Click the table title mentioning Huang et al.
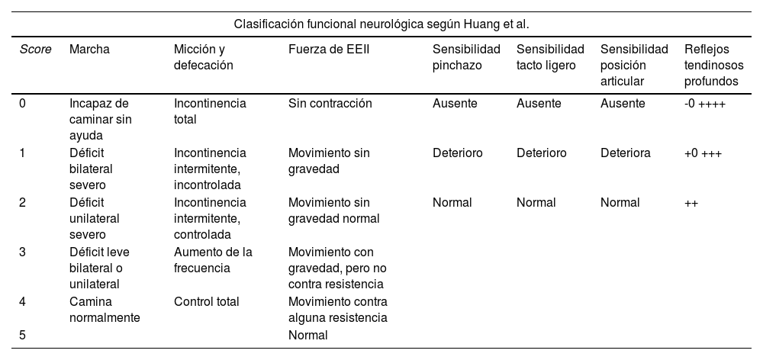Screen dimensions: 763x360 point(381,24)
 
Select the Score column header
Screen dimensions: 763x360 point(36,50)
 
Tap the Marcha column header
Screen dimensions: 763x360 point(89,50)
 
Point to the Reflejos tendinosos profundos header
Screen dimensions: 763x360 point(713,65)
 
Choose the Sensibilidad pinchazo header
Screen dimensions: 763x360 point(466,57)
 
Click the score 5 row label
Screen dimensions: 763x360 point(23,335)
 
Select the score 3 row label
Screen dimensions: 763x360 point(23,252)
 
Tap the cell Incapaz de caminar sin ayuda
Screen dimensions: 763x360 point(99,119)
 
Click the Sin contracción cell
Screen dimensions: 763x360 point(330,104)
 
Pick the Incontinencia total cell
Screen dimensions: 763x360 point(210,111)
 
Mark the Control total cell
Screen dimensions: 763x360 point(206,301)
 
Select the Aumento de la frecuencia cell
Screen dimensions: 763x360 point(213,260)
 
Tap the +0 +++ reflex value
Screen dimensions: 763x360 point(703,153)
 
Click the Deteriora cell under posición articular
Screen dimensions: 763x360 point(625,153)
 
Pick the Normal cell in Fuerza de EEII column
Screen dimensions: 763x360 point(307,335)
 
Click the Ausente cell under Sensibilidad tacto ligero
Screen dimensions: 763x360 point(539,104)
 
